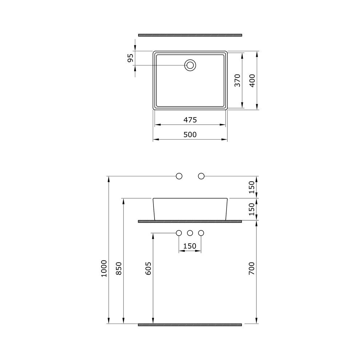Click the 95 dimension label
click(x=130, y=58)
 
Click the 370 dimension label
click(x=237, y=80)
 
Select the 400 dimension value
click(x=252, y=81)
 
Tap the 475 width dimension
click(x=190, y=120)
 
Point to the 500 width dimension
click(x=190, y=134)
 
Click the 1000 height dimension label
click(x=104, y=268)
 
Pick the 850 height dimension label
click(x=119, y=268)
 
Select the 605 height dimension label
click(x=148, y=268)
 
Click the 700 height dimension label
click(x=252, y=268)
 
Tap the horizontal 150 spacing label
click(x=190, y=246)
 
